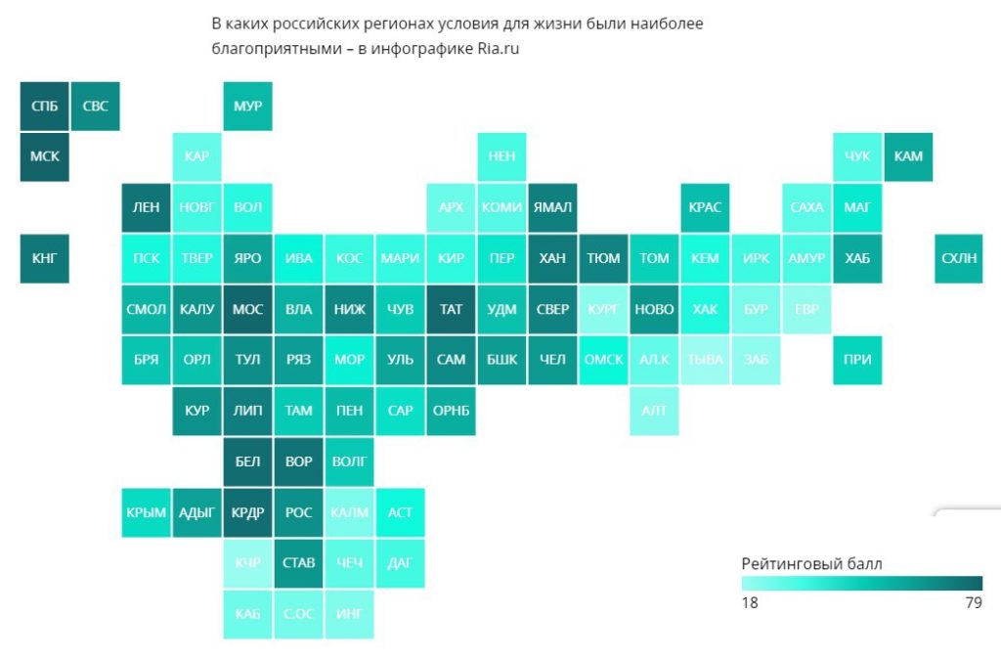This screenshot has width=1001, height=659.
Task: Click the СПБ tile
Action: (x=45, y=106)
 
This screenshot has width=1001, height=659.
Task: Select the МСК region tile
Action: (x=45, y=156)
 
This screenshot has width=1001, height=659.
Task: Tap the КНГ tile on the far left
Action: (x=45, y=258)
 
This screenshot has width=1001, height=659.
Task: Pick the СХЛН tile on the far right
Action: (x=959, y=258)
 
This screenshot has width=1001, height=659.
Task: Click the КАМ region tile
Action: (x=908, y=156)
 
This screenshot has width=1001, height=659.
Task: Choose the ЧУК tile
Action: (x=857, y=156)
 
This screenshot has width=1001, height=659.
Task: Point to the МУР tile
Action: (x=248, y=106)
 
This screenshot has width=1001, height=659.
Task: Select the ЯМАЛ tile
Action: (x=552, y=207)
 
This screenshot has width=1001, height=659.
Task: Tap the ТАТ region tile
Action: (x=451, y=309)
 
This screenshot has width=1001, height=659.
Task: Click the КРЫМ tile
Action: (x=147, y=512)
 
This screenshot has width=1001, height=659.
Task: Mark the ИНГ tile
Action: (x=349, y=614)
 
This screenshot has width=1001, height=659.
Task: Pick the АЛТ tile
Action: (x=654, y=411)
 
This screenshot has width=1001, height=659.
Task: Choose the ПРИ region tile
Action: (x=857, y=360)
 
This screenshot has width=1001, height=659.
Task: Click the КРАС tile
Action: (x=705, y=207)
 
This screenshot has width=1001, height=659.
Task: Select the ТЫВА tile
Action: (x=705, y=360)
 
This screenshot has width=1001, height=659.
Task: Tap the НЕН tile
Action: (x=501, y=156)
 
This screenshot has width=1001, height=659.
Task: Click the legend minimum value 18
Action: (x=750, y=603)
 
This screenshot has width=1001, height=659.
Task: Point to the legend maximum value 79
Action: (x=973, y=603)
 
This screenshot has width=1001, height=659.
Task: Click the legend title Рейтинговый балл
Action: (x=811, y=564)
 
